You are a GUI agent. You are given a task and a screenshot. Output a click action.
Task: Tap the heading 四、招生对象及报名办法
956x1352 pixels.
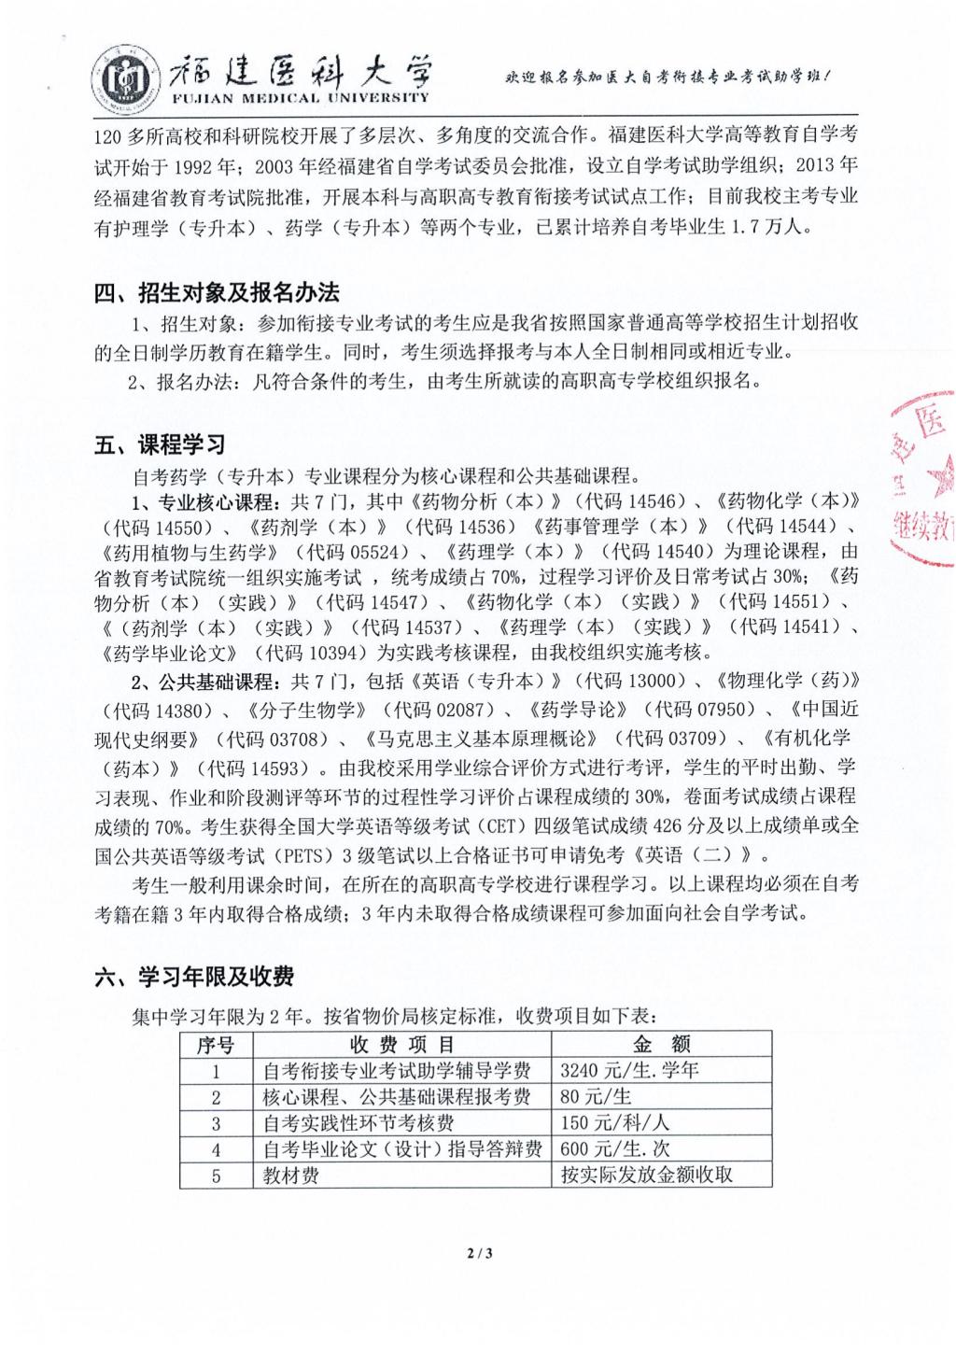coord(217,292)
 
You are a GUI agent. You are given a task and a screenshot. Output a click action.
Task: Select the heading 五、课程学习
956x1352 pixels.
coord(160,444)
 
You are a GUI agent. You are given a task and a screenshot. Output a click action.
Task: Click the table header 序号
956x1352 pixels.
coord(216,1044)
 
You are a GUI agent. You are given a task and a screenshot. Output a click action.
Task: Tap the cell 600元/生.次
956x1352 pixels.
coord(615,1148)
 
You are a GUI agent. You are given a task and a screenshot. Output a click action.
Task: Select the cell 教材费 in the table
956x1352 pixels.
coord(291,1175)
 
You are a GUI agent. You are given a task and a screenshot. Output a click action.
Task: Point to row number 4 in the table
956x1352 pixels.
coord(216,1148)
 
